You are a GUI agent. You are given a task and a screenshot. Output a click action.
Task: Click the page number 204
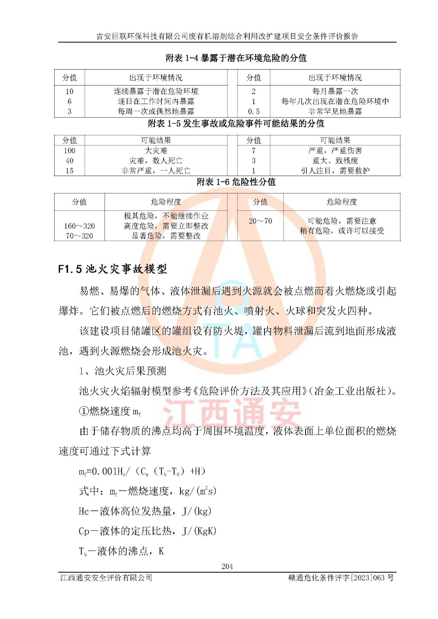227,566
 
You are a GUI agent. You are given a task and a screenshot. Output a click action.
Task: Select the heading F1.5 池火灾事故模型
112,269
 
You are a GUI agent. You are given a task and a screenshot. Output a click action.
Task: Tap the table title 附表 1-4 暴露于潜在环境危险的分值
236,58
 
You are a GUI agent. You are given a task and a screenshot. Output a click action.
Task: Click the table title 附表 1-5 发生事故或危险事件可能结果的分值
236,124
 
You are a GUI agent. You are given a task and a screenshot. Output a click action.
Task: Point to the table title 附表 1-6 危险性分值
236,182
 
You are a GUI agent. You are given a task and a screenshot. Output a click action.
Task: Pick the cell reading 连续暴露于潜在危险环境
156,91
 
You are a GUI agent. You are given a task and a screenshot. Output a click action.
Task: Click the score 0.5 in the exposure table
254,111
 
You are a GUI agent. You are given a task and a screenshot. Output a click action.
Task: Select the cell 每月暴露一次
335,91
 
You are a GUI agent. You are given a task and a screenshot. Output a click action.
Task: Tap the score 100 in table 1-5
70,150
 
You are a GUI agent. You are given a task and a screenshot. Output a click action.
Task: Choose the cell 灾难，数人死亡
156,161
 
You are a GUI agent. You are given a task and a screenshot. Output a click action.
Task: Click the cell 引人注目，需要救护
335,171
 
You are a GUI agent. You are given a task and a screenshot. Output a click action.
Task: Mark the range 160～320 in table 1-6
79,226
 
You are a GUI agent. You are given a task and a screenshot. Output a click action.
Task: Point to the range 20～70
260,221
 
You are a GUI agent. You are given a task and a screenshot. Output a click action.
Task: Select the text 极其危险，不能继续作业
166,216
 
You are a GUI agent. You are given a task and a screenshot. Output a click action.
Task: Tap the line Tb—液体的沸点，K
121,551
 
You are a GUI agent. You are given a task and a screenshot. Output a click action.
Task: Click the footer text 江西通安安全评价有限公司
106,578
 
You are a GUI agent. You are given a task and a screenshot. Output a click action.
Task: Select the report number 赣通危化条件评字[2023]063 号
341,578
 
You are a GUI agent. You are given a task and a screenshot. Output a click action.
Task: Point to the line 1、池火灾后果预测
122,371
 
